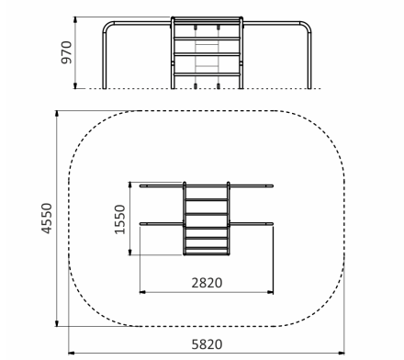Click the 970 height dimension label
coord(66,52)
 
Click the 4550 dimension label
coord(47,219)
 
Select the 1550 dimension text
coord(119,219)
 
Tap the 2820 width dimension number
coord(207,283)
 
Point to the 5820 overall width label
coord(207,344)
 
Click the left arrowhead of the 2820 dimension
coord(142,292)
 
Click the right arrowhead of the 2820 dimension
coord(270,292)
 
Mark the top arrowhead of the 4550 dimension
coord(57,114)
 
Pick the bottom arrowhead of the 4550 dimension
coord(57,323)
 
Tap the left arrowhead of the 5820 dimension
coord(72,353)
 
